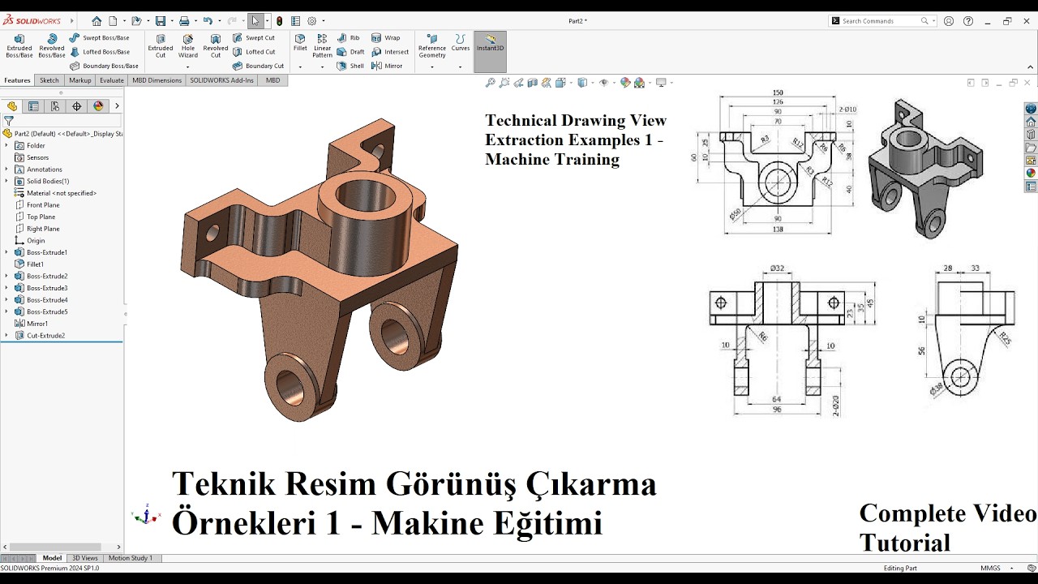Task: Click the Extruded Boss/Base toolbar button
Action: click(x=19, y=45)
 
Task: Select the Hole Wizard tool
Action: click(x=188, y=45)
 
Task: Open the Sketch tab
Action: click(x=49, y=80)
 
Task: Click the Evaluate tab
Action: click(x=112, y=80)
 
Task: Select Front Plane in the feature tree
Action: click(x=43, y=205)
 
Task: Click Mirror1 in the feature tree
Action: click(x=37, y=324)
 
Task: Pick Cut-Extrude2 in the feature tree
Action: click(x=45, y=336)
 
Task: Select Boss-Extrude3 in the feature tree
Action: click(x=47, y=288)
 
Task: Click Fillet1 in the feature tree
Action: click(x=35, y=264)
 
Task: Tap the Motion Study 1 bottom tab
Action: click(x=130, y=558)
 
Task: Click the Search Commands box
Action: click(x=880, y=21)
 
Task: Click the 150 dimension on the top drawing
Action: click(x=778, y=93)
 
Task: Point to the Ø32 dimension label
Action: click(x=776, y=268)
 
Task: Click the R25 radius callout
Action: click(x=1005, y=336)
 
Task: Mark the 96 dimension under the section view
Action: click(x=776, y=410)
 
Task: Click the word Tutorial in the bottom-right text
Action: click(x=904, y=542)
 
